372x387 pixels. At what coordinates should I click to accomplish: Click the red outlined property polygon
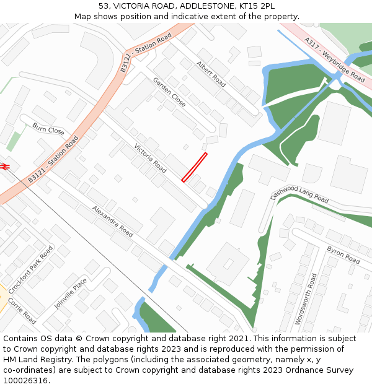point(194,167)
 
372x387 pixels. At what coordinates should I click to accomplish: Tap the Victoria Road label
point(151,159)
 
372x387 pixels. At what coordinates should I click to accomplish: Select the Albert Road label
point(211,73)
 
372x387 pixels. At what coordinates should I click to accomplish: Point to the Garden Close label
point(169,92)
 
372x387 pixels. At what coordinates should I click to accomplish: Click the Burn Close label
point(48,129)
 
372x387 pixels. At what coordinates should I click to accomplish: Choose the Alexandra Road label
point(112,222)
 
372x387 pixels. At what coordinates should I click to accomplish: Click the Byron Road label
point(343,254)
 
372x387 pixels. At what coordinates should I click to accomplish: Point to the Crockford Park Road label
point(31,269)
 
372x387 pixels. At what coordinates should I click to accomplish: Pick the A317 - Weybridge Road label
point(335,59)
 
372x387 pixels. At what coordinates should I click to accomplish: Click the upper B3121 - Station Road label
point(146,53)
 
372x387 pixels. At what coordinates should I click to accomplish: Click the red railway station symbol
point(4,166)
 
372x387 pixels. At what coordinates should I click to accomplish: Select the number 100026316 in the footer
point(25,380)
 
